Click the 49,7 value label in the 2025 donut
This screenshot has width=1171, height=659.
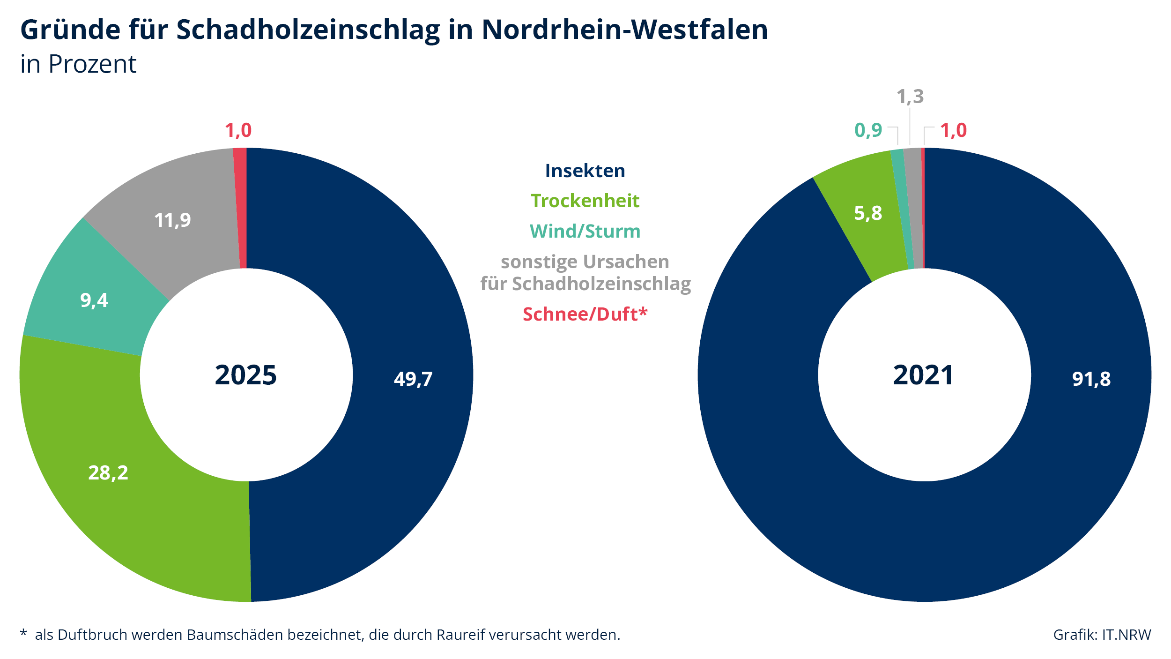click(x=413, y=379)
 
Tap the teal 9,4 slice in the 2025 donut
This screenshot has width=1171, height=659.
click(x=94, y=300)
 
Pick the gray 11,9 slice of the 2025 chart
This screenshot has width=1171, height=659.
click(x=172, y=220)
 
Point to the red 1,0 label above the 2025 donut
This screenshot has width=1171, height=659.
click(x=238, y=130)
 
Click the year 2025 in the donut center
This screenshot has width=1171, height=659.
click(x=246, y=375)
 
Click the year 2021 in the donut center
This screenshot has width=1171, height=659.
click(x=923, y=375)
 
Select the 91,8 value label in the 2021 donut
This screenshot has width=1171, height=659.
click(x=1091, y=379)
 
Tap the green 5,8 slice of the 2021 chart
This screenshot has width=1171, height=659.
click(x=868, y=213)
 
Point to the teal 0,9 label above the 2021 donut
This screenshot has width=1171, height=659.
click(x=868, y=130)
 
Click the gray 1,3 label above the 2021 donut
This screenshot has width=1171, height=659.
click(x=910, y=97)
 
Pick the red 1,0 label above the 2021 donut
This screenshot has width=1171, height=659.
click(x=954, y=130)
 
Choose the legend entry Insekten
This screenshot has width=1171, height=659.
click(x=585, y=171)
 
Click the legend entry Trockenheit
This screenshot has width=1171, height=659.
click(x=585, y=201)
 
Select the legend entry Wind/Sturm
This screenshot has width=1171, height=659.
click(x=585, y=231)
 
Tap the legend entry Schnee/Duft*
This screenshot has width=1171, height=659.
click(x=585, y=314)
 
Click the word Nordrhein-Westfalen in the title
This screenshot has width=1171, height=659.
click(x=625, y=30)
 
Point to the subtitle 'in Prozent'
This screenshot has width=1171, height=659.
click(x=78, y=64)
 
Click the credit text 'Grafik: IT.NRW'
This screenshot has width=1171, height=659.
click(x=1102, y=635)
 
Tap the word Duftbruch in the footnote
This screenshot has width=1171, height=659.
click(x=92, y=635)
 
